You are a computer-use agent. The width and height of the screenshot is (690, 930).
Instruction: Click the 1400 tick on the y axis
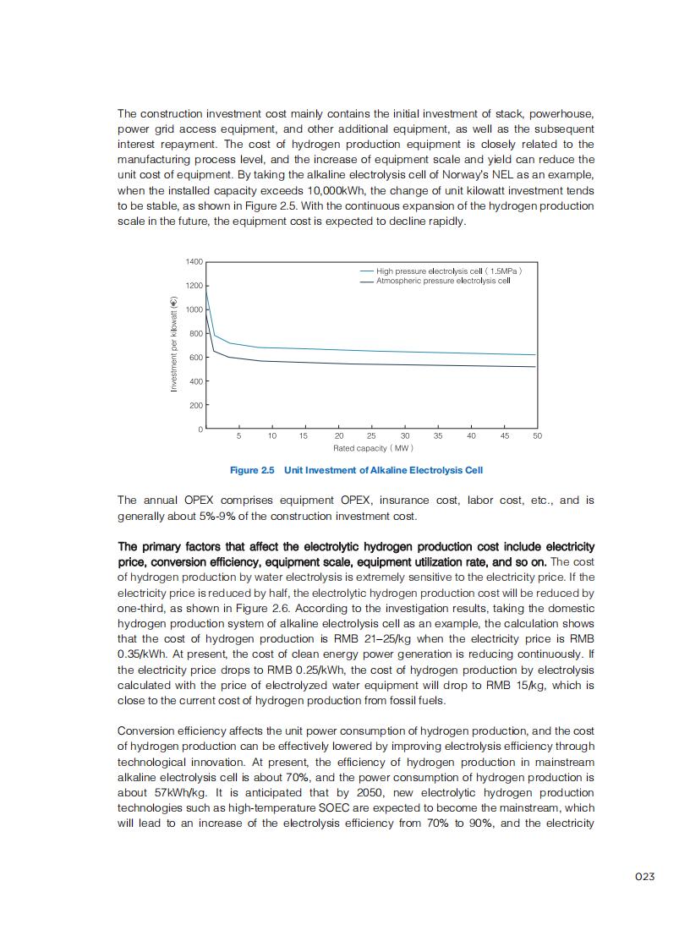coord(194,262)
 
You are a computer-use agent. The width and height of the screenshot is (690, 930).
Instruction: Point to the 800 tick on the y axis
coord(195,334)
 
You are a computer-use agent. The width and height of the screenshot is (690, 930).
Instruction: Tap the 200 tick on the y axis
coord(195,406)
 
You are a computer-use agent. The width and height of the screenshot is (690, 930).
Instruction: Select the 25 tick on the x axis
coord(371,436)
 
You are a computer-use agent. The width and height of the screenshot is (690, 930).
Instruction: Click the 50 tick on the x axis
coord(537,436)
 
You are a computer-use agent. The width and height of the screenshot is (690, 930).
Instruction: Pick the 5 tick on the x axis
coord(239,436)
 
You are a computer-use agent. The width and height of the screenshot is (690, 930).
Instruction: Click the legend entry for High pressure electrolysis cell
coord(448,271)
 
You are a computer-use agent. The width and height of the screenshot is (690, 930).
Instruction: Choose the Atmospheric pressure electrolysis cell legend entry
coord(443,281)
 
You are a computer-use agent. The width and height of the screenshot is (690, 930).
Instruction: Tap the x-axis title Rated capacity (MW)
coord(373,448)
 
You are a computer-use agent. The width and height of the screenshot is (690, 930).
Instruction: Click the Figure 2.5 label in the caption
coord(252,470)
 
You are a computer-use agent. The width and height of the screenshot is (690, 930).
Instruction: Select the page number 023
coord(645,877)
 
